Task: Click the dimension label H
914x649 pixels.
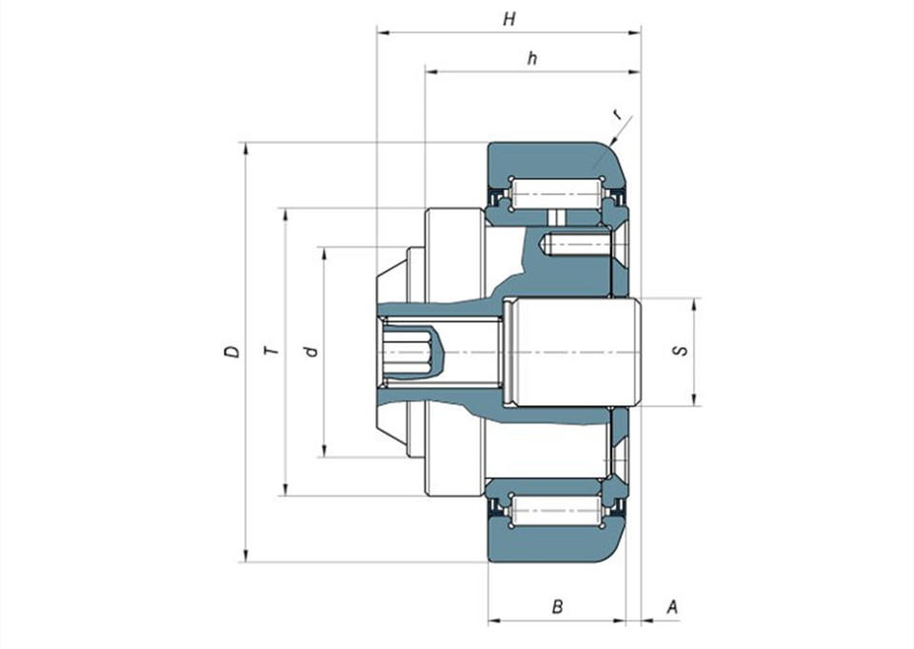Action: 509,19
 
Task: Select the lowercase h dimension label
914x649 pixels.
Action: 531,58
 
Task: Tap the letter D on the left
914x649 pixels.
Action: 232,351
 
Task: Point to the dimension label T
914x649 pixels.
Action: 271,351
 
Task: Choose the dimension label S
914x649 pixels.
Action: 680,351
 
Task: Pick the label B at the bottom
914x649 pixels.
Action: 557,606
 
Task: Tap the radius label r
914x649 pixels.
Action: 617,115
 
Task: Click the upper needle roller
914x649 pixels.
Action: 556,193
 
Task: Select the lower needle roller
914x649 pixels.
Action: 556,511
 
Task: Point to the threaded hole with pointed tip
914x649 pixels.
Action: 576,245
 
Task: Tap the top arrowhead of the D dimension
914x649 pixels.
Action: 246,148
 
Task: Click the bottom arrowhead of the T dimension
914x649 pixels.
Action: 285,490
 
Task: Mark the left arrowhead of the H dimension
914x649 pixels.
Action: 383,33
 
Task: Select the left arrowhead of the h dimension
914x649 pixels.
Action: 431,71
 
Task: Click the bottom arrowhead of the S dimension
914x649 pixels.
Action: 694,400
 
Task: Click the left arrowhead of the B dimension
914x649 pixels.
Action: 494,620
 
